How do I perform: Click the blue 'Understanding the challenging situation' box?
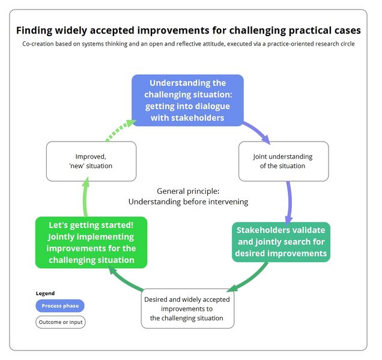[187, 100]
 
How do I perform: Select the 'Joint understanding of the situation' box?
[283, 161]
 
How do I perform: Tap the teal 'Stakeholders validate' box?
[281, 242]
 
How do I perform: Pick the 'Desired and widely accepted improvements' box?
[187, 308]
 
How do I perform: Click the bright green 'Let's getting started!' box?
[92, 242]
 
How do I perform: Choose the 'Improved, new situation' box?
[91, 161]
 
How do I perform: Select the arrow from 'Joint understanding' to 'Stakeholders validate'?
[290, 202]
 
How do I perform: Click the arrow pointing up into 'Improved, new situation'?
[84, 198]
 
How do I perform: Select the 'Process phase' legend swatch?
[60, 306]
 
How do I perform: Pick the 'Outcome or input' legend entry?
[60, 322]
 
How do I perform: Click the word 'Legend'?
[45, 293]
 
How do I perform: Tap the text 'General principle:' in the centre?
[187, 191]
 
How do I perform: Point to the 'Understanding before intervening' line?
[187, 202]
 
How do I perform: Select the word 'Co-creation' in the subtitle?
[41, 44]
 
